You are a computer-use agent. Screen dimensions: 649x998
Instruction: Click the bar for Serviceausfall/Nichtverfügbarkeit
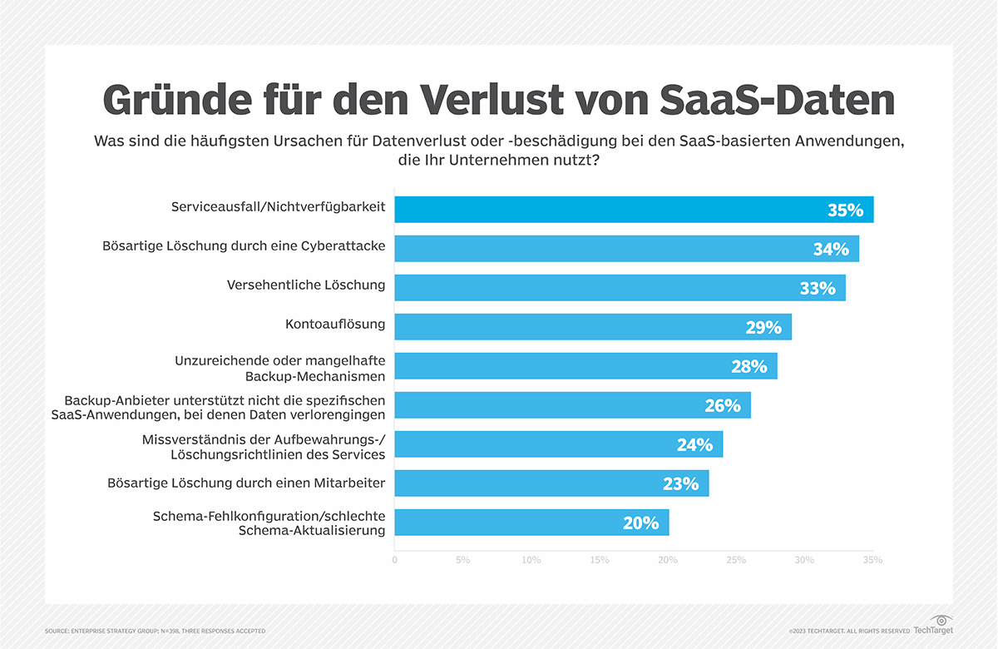pyautogui.click(x=634, y=210)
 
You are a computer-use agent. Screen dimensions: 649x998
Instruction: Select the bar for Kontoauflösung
pyautogui.click(x=592, y=327)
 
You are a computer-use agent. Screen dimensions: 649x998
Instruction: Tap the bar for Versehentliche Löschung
pyautogui.click(x=620, y=288)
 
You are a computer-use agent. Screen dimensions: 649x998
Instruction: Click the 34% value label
pyautogui.click(x=832, y=249)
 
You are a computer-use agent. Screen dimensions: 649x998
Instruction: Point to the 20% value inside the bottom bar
pyautogui.click(x=640, y=523)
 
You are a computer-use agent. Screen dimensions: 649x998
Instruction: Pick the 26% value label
pyautogui.click(x=722, y=405)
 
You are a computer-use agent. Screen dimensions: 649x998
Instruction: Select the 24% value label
pyautogui.click(x=694, y=444)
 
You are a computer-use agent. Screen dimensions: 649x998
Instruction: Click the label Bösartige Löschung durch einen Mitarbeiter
pyautogui.click(x=246, y=483)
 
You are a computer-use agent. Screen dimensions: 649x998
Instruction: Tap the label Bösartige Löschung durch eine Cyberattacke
pyautogui.click(x=244, y=246)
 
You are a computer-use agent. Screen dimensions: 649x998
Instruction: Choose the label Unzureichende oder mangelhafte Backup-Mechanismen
pyautogui.click(x=279, y=369)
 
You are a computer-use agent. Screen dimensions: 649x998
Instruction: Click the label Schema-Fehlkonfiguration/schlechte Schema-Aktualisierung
pyautogui.click(x=269, y=523)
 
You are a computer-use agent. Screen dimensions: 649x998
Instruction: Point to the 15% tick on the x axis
pyautogui.click(x=599, y=560)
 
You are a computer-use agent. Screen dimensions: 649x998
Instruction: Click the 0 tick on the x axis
pyautogui.click(x=394, y=560)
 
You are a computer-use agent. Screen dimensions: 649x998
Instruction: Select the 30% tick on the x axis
pyautogui.click(x=803, y=560)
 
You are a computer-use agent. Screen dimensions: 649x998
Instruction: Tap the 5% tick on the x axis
pyautogui.click(x=462, y=560)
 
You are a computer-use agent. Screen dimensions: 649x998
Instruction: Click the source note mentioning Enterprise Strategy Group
pyautogui.click(x=156, y=632)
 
